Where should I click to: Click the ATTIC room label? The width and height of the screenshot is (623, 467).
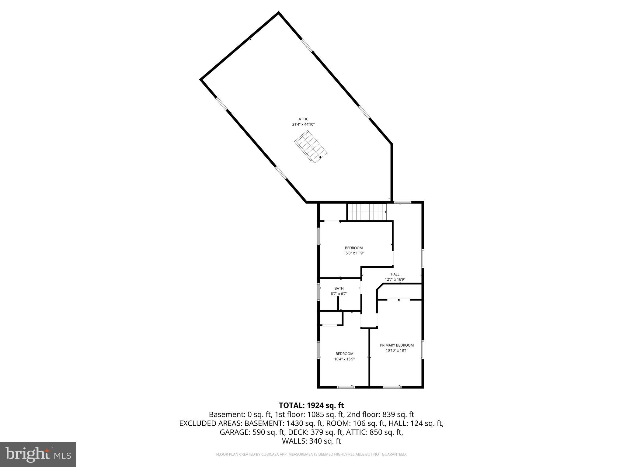(x=303, y=119)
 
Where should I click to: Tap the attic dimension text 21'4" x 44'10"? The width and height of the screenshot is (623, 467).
(x=303, y=124)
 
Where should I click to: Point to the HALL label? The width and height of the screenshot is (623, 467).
(x=395, y=274)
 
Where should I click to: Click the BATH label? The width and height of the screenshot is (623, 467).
(x=339, y=289)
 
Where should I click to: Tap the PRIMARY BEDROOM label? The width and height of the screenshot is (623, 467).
(x=397, y=345)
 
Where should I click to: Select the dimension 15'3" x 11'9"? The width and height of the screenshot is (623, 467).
(x=353, y=253)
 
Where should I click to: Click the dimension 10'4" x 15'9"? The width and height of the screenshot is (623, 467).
(x=344, y=359)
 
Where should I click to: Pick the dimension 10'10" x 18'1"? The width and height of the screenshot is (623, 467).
(x=397, y=350)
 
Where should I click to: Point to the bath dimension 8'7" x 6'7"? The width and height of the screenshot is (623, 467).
(x=339, y=294)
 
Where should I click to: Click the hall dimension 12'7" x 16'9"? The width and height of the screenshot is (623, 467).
(x=395, y=279)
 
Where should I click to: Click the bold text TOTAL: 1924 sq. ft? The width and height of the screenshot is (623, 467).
(x=311, y=405)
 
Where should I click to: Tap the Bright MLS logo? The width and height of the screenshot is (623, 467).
(x=38, y=454)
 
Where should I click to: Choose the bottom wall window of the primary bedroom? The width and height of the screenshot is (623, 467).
(x=392, y=387)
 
